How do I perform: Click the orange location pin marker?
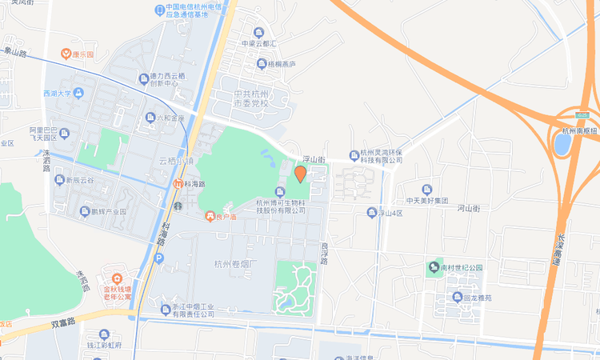[x=300, y=174]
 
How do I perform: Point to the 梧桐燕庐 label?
[x=281, y=64]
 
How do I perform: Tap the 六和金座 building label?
[x=170, y=118]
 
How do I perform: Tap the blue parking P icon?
[x=159, y=258]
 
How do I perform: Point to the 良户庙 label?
[x=220, y=216]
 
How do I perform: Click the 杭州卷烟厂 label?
[x=234, y=264]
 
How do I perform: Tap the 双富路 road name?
[x=62, y=323]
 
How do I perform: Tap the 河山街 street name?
[x=468, y=208]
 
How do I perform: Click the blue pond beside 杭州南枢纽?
[x=562, y=143]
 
